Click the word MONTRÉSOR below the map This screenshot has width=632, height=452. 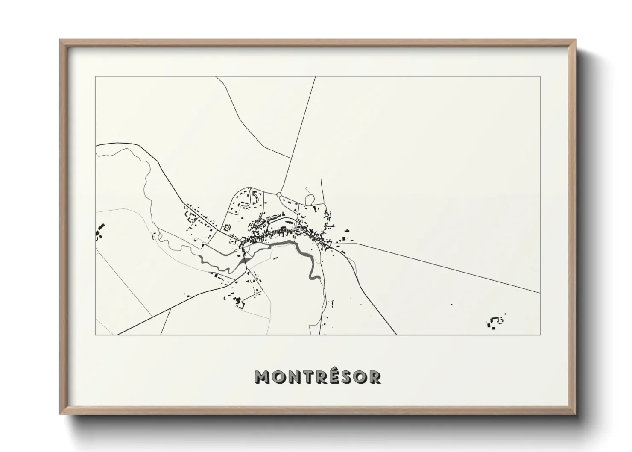pos(318,377)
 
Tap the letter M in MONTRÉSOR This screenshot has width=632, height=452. pos(261,377)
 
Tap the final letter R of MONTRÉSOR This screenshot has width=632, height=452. pos(375,377)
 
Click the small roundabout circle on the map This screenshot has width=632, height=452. pos(279,194)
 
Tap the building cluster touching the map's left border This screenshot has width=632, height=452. pos(99,231)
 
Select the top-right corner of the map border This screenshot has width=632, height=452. pos(541,76)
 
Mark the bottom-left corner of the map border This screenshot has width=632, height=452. pos(95,335)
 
